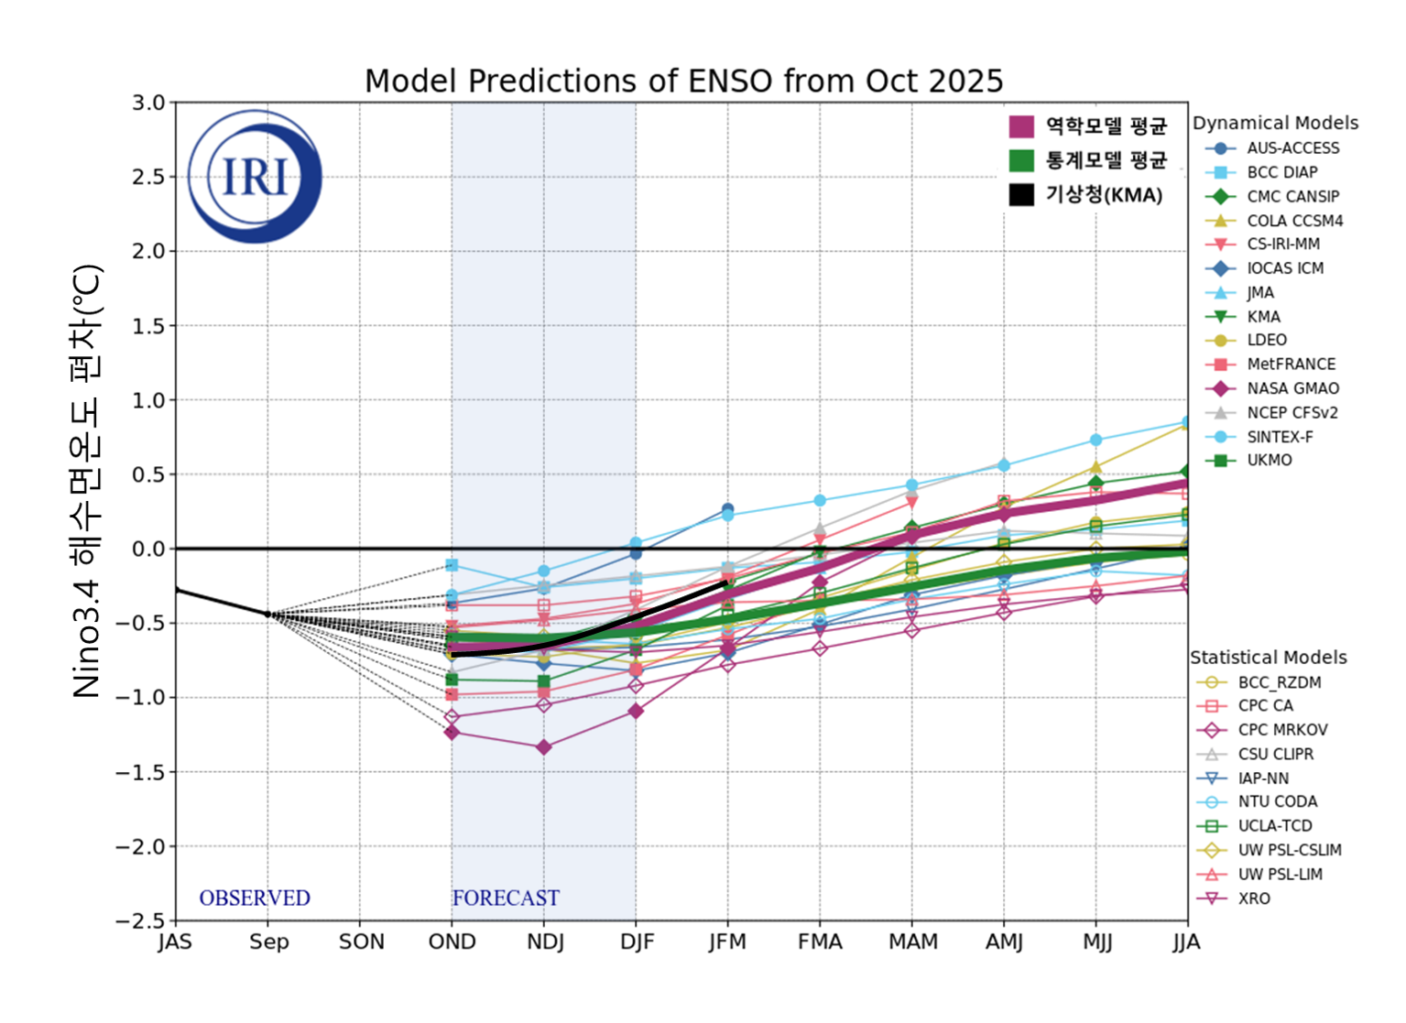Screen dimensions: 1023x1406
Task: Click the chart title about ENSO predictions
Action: tap(683, 81)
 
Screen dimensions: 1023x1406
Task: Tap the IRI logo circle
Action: tap(255, 177)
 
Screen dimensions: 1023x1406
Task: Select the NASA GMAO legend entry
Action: tap(1292, 388)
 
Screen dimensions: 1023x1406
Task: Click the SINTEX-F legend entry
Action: tap(1280, 437)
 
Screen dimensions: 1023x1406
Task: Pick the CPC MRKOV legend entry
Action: tap(1282, 730)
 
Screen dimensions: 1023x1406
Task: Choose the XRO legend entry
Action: tap(1254, 898)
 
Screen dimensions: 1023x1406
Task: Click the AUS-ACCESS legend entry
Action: tap(1292, 147)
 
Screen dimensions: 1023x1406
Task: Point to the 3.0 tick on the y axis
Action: tap(148, 103)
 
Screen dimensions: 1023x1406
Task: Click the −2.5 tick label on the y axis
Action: tap(140, 920)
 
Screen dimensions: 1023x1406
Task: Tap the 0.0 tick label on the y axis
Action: tap(148, 549)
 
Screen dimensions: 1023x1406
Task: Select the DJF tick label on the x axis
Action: tap(637, 942)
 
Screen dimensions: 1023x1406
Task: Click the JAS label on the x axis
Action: tap(175, 942)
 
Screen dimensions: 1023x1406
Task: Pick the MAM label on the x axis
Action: tap(912, 942)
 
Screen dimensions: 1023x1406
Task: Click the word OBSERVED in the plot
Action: tap(255, 898)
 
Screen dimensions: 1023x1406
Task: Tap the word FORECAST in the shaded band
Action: tap(506, 898)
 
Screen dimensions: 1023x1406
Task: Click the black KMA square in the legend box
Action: tap(1021, 195)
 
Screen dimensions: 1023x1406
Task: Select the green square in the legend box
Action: tap(1021, 160)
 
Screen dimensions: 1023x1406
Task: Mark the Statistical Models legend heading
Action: tap(1268, 658)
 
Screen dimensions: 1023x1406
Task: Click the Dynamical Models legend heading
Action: tap(1275, 123)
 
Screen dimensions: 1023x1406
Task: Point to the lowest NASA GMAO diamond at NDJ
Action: tap(544, 747)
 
